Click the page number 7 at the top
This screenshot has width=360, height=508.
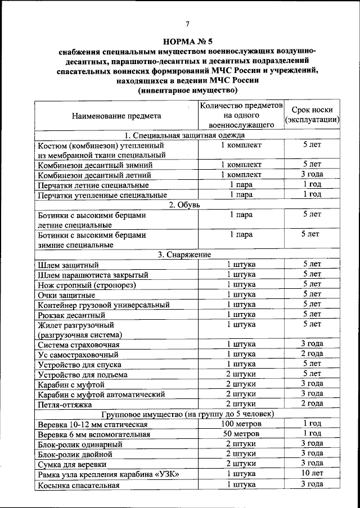188,23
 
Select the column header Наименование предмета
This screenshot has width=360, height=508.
116,116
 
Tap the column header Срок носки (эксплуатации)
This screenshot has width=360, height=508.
312,115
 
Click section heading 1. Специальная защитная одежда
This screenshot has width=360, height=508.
185,135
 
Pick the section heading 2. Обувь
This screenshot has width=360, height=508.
185,205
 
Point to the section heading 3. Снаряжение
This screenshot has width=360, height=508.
185,255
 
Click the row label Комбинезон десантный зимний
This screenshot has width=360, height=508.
94,165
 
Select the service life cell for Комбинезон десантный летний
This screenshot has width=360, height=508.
312,175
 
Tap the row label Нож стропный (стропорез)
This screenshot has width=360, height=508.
84,285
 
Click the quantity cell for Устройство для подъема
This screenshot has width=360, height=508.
241,374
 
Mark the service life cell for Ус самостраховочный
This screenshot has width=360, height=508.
312,354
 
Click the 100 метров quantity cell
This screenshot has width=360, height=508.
241,424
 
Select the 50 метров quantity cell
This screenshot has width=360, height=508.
241,434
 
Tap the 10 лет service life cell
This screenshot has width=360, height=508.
312,474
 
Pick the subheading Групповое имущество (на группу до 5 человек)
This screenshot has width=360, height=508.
185,414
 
